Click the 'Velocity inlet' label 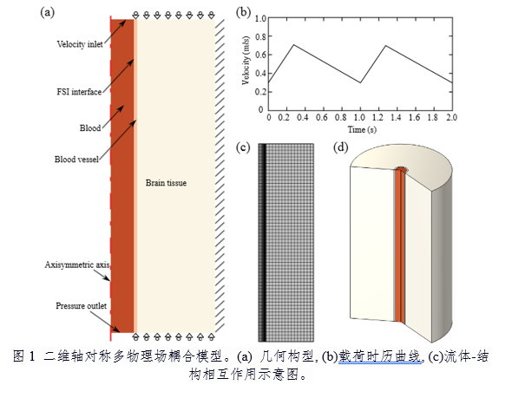tap(80, 44)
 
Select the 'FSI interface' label tap(79, 92)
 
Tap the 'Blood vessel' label tap(76, 160)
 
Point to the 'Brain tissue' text tap(166, 183)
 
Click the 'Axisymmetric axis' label tap(77, 264)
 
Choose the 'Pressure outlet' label tap(81, 306)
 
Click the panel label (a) tap(47, 12)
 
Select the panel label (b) tap(243, 12)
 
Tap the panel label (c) tap(243, 147)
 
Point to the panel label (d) tap(340, 147)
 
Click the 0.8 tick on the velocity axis tap(260, 36)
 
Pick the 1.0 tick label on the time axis tap(360, 117)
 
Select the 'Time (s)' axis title tap(362, 129)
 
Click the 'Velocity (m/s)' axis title tap(246, 61)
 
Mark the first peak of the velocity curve tap(294, 45)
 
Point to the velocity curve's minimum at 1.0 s tap(360, 82)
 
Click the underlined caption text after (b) tap(380, 356)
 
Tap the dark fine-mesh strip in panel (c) tap(263, 243)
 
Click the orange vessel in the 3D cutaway tap(400, 245)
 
